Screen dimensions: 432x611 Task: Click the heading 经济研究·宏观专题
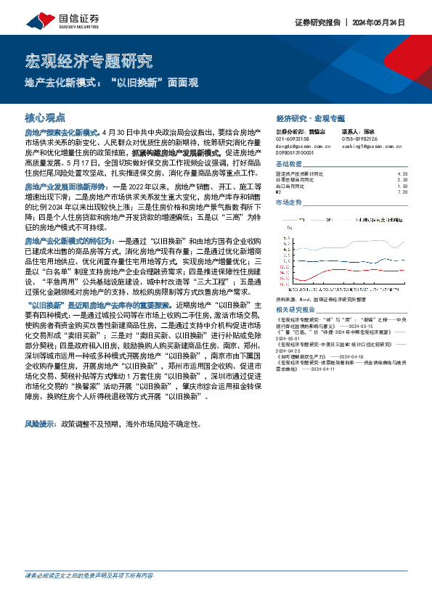pyautogui.click(x=311, y=117)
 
